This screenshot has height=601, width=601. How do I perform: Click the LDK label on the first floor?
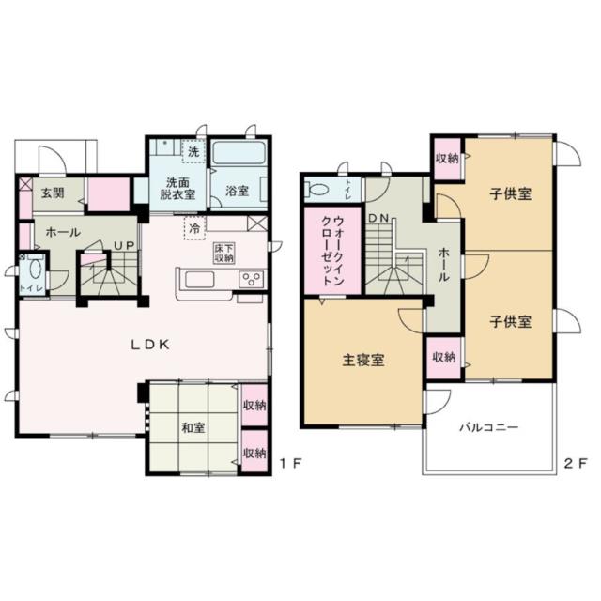tap(150, 345)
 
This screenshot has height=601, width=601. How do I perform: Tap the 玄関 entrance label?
tap(53, 193)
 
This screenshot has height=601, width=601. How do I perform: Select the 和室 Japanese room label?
tap(193, 427)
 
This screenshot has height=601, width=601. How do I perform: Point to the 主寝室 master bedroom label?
tap(363, 361)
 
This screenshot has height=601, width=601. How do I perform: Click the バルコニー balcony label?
tap(489, 427)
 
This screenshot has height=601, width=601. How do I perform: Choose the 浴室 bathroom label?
tap(237, 191)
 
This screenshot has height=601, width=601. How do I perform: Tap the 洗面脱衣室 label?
tap(177, 188)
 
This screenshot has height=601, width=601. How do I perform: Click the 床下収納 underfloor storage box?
tap(224, 253)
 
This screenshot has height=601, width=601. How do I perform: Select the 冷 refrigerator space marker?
tap(194, 228)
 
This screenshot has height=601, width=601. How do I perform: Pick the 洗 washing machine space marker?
tap(193, 151)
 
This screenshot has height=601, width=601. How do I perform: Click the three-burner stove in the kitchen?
tap(252, 279)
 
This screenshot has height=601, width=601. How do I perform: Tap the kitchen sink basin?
tap(200, 280)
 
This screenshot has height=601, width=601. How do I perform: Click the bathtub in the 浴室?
tap(239, 153)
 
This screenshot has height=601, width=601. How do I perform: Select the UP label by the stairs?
tap(125, 246)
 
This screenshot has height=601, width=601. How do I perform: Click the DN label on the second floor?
tap(378, 218)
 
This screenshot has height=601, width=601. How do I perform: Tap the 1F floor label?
tap(290, 464)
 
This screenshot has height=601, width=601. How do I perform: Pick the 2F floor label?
tap(575, 464)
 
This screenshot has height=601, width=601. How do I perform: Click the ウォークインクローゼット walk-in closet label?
tap(332, 251)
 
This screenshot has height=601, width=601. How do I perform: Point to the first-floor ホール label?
tap(63, 232)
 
